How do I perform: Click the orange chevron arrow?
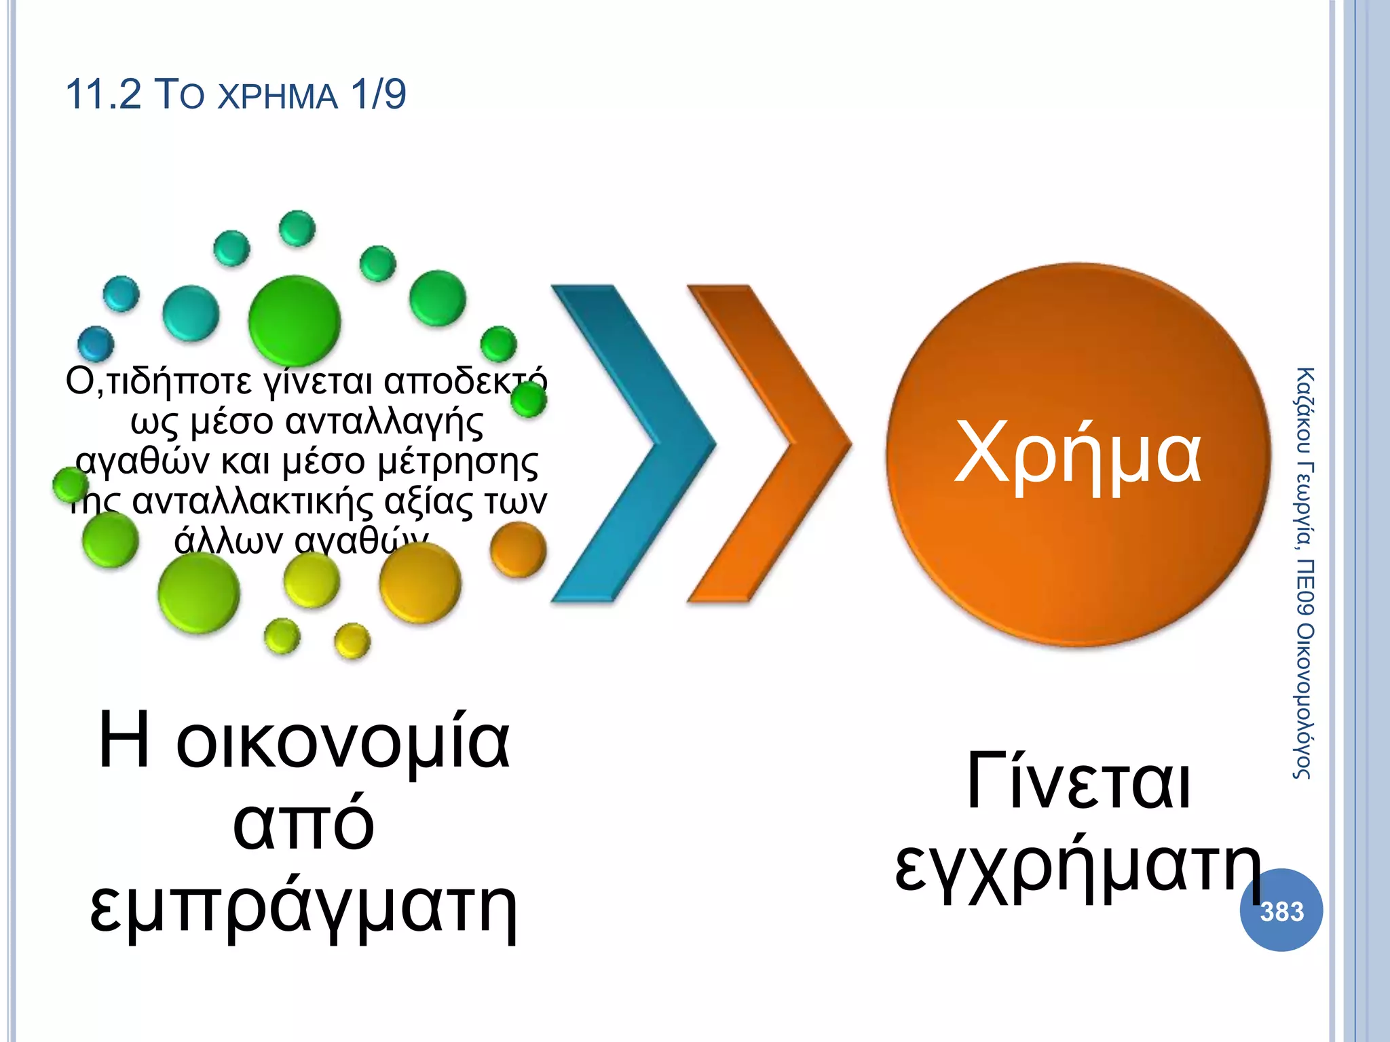click(x=770, y=444)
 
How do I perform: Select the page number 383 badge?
click(x=1281, y=910)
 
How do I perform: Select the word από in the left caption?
click(x=303, y=824)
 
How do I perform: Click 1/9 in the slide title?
click(x=378, y=94)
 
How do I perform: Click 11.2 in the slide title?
click(x=103, y=94)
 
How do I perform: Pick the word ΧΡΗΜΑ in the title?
click(x=278, y=96)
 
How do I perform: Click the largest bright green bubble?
click(x=294, y=320)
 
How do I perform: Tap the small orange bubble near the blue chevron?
click(x=518, y=549)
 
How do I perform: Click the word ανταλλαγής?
click(x=383, y=422)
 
